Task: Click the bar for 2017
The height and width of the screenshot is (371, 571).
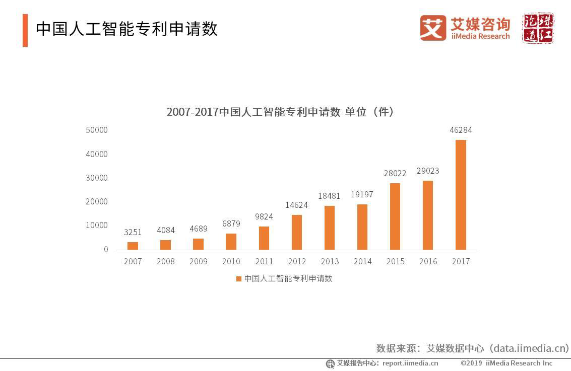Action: [x=461, y=194]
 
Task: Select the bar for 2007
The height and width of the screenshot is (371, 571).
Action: [x=133, y=246]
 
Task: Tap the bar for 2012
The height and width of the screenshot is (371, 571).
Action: [x=297, y=232]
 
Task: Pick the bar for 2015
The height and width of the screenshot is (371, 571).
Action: [x=395, y=216]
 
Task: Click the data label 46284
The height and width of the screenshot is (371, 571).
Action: [x=461, y=130]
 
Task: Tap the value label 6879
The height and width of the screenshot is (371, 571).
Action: [x=231, y=224]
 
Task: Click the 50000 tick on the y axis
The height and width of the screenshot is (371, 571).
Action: [x=97, y=130]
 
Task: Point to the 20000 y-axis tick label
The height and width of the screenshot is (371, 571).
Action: [x=97, y=202]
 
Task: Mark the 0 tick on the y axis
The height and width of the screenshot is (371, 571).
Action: [x=105, y=250]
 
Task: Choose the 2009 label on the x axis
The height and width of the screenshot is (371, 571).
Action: [x=198, y=261]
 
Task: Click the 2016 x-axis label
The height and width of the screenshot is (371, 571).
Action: [x=428, y=261]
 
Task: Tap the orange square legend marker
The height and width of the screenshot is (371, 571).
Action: [x=239, y=279]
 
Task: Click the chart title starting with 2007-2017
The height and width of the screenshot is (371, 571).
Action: [x=280, y=112]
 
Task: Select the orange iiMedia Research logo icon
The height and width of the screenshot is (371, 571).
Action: [x=433, y=28]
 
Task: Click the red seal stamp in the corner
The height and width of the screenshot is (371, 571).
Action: [x=538, y=28]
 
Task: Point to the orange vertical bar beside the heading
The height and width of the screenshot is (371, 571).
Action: [x=25, y=31]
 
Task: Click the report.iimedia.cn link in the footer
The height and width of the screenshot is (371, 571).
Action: [x=410, y=363]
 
